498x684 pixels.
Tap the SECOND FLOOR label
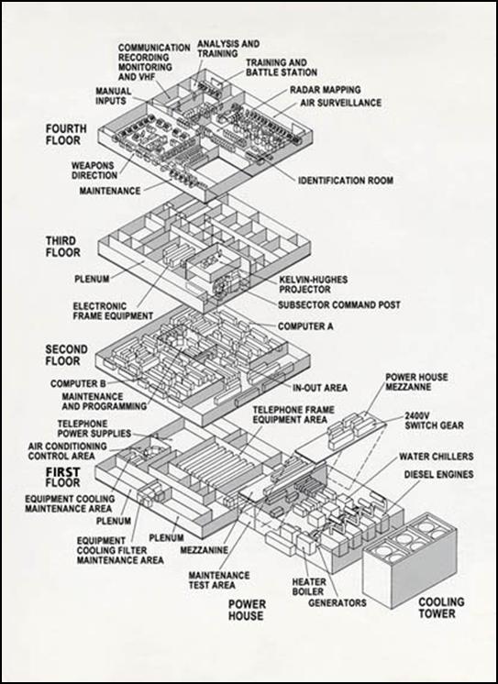pyautogui.click(x=67, y=356)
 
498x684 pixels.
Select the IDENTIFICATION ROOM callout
pyautogui.click(x=345, y=182)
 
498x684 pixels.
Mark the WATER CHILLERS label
pyautogui.click(x=435, y=456)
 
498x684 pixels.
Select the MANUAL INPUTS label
pyautogui.click(x=119, y=96)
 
